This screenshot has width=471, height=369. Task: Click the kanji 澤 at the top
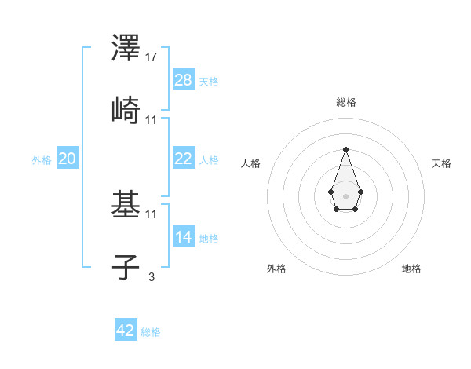coord(126,48)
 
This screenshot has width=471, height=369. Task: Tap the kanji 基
coord(126,204)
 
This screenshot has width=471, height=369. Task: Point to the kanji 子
coord(126,266)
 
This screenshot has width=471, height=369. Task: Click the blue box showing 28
coord(184,80)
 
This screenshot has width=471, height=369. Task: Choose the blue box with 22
coord(184,159)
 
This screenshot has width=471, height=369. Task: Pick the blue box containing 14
coord(184,237)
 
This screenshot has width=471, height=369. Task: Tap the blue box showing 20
coord(68,159)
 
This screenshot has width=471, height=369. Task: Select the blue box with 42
coord(126,331)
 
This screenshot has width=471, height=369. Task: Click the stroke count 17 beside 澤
coord(152,57)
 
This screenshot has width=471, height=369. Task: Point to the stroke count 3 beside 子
coord(151,276)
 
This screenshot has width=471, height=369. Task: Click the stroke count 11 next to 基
coord(152,214)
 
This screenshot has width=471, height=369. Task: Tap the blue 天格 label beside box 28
coord(209,82)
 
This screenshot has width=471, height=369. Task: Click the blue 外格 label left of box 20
coord(42,160)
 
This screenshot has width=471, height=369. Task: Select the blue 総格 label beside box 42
coord(151,332)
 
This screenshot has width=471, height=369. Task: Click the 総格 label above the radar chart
coord(345,102)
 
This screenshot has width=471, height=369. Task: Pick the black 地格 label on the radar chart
coord(411,269)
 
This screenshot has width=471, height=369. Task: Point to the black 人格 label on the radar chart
coord(251,163)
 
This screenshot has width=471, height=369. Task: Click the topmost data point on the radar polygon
coord(345,149)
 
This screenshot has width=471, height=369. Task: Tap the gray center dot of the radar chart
coord(345,195)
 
